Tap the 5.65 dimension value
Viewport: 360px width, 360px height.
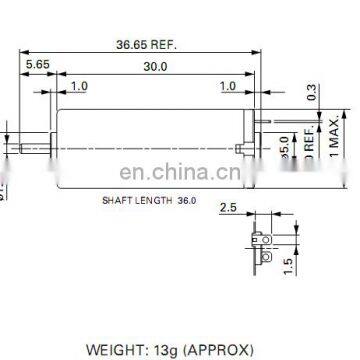(x=37, y=63)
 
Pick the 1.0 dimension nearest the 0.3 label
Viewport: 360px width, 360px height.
(x=227, y=87)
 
